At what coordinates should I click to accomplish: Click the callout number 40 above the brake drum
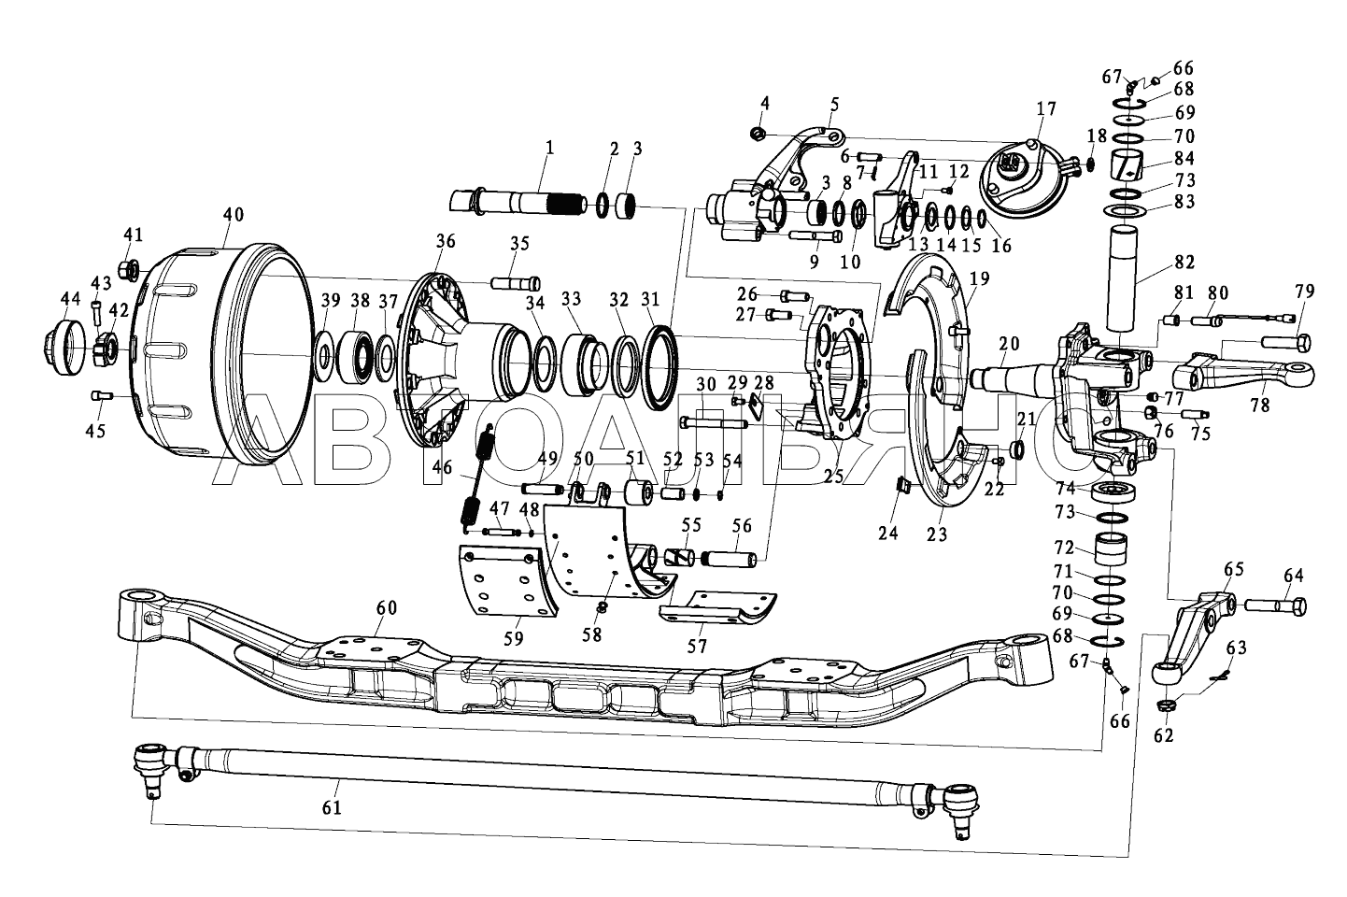tap(234, 215)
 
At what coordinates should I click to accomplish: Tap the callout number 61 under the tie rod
tap(332, 807)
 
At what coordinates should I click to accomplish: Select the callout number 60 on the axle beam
tap(387, 608)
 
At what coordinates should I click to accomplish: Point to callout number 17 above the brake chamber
tap(1046, 109)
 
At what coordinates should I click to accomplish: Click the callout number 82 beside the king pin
tap(1184, 263)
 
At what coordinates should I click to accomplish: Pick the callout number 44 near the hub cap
tap(70, 298)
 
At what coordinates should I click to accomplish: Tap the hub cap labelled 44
tap(65, 348)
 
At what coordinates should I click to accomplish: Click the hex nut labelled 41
tap(129, 270)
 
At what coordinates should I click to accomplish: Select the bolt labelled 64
tap(1274, 605)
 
